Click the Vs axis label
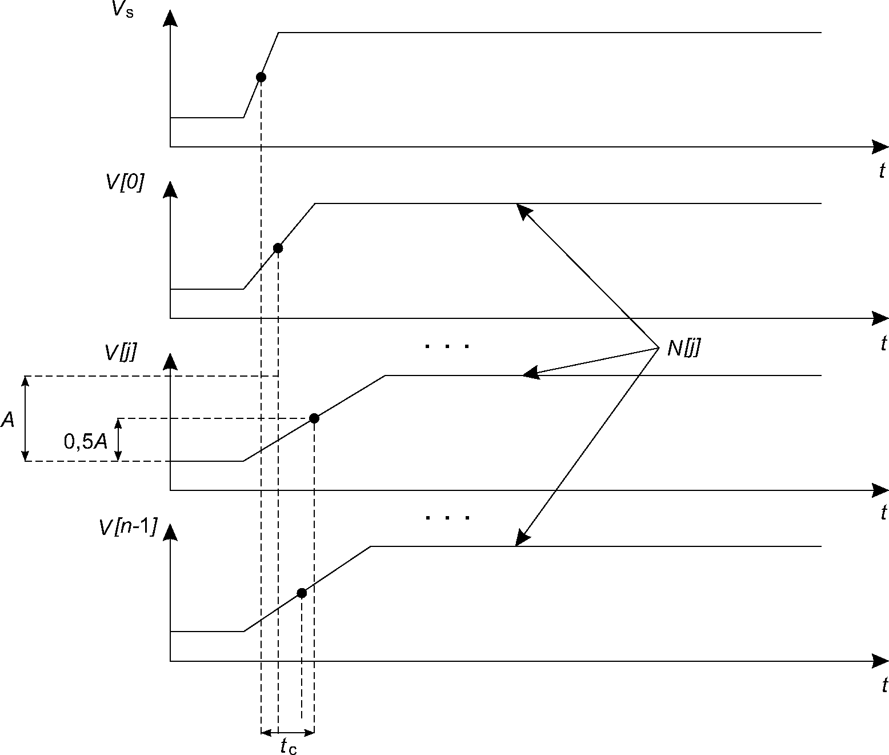click(x=123, y=10)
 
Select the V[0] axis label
click(x=125, y=182)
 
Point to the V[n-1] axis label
click(x=128, y=527)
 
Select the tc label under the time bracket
click(x=289, y=745)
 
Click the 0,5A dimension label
click(x=86, y=441)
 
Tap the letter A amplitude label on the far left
click(x=8, y=420)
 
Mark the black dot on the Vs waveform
click(x=261, y=77)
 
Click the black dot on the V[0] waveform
click(x=278, y=248)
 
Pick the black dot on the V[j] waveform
click(x=314, y=418)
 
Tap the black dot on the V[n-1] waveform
click(x=302, y=593)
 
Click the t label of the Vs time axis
click(x=882, y=171)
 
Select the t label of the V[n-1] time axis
click(x=884, y=685)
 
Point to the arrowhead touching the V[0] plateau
click(x=523, y=211)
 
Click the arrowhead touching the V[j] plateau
click(x=531, y=373)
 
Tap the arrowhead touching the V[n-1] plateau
click(x=523, y=538)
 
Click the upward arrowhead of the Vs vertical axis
click(x=171, y=18)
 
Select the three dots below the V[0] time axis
click(x=447, y=346)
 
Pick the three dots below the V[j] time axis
click(x=448, y=518)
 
